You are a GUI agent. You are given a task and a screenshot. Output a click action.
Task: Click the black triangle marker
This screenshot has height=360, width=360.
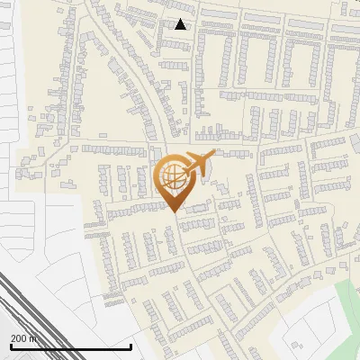click(181, 24)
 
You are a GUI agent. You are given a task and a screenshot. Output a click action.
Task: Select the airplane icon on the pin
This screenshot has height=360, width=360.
click(196, 164)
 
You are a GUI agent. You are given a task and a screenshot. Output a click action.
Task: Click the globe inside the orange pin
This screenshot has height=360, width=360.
click(172, 177)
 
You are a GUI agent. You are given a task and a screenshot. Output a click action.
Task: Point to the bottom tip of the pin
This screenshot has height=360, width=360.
click(174, 211)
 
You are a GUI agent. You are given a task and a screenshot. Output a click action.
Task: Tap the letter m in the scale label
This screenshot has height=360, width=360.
click(34, 338)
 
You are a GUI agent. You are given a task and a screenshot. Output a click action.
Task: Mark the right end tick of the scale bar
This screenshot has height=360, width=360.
click(131, 345)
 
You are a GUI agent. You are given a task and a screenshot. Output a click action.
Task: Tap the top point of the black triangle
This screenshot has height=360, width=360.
click(181, 19)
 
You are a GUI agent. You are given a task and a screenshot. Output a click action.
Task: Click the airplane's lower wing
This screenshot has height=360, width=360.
click(200, 172)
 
